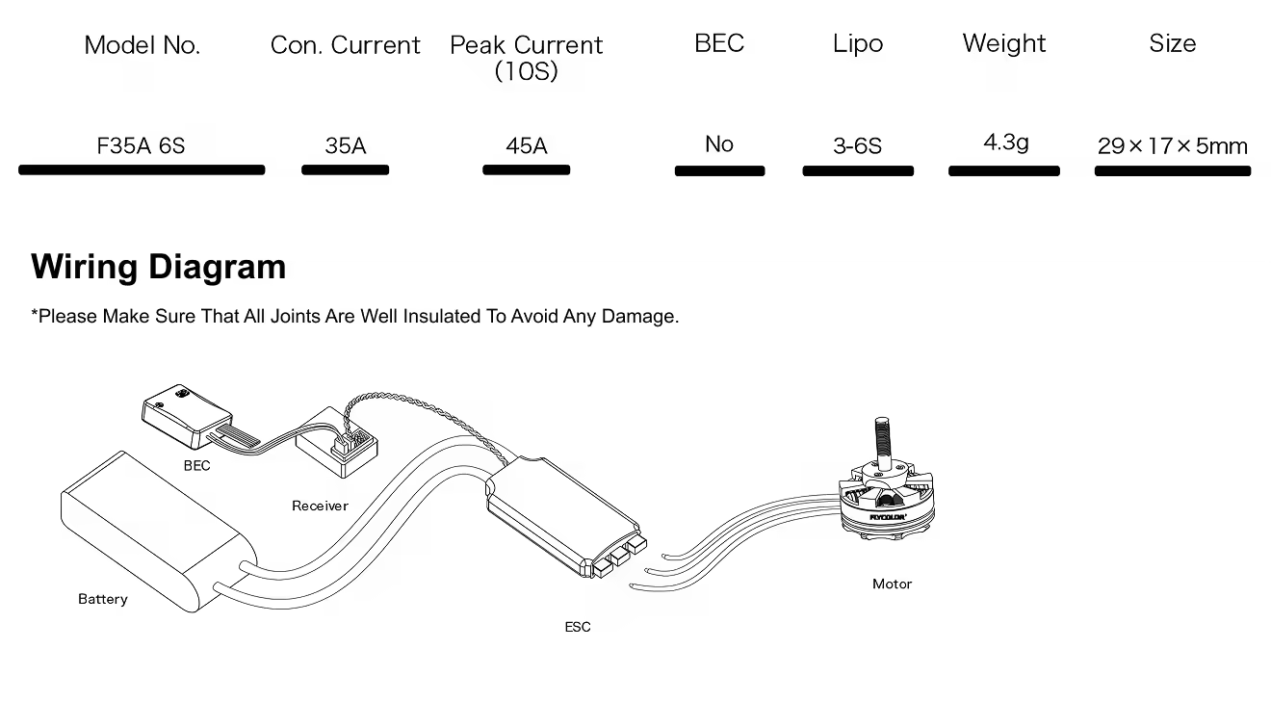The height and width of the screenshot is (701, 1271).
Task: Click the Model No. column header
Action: [x=142, y=45]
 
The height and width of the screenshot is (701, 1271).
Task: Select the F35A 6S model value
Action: [x=142, y=145]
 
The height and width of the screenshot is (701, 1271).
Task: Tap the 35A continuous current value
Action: [x=345, y=145]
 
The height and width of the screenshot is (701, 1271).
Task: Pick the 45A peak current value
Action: [x=526, y=145]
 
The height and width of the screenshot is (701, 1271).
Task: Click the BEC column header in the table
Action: [x=719, y=43]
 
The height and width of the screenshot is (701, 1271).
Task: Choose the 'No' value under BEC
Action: [x=719, y=144]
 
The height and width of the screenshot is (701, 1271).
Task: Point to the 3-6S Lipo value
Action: [x=857, y=145]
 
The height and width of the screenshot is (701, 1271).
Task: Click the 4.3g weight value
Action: [x=1005, y=143]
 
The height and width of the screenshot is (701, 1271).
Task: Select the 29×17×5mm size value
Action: [x=1172, y=146]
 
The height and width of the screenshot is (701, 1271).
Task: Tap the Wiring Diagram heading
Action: [x=158, y=267]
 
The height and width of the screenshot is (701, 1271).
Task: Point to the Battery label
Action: [x=103, y=599]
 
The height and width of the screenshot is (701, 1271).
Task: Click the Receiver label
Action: [x=320, y=506]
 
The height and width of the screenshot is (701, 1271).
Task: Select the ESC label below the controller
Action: [x=578, y=627]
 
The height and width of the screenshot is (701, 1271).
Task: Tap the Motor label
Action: [x=892, y=584]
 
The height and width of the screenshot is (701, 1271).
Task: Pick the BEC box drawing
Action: [x=187, y=415]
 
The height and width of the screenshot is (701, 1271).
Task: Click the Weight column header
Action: [x=1003, y=43]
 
